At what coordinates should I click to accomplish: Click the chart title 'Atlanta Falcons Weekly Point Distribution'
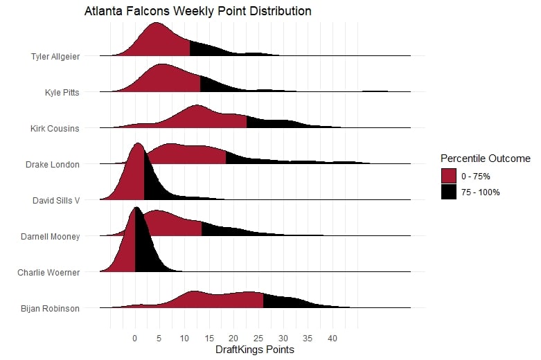197,12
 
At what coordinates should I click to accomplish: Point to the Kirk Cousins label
55,128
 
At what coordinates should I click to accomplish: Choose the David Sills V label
56,201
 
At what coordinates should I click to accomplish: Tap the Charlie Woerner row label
48,273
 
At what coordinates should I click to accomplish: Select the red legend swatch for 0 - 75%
448,176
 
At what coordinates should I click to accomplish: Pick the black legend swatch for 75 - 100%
448,192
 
